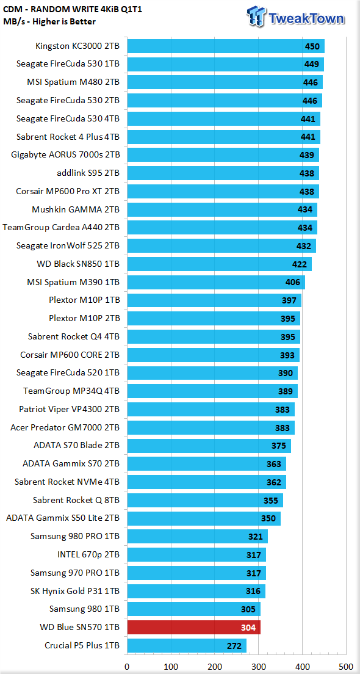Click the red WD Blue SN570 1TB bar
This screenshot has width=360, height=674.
(194, 627)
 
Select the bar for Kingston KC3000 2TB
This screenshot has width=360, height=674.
(226, 46)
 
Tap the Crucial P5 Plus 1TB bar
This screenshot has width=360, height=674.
(187, 645)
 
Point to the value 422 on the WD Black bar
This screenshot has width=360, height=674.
(300, 264)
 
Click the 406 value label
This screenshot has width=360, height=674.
(292, 283)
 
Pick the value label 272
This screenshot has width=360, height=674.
(234, 646)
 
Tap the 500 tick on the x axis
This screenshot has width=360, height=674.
(346, 666)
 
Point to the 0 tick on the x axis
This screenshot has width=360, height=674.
(127, 666)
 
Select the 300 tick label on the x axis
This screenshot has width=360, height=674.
(259, 666)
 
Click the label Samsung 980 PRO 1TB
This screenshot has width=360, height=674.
(75, 536)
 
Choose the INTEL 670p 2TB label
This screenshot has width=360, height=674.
(88, 554)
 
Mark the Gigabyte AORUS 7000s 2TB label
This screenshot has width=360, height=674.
(65, 154)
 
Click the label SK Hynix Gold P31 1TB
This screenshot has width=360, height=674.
(75, 590)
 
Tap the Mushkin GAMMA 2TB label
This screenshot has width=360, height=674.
(76, 209)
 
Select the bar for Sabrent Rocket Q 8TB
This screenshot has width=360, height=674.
(205, 500)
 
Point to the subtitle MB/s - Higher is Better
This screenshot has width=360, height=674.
(50, 21)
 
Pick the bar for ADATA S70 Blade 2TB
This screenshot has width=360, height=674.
(209, 445)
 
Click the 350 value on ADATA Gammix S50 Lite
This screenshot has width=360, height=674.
(268, 518)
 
